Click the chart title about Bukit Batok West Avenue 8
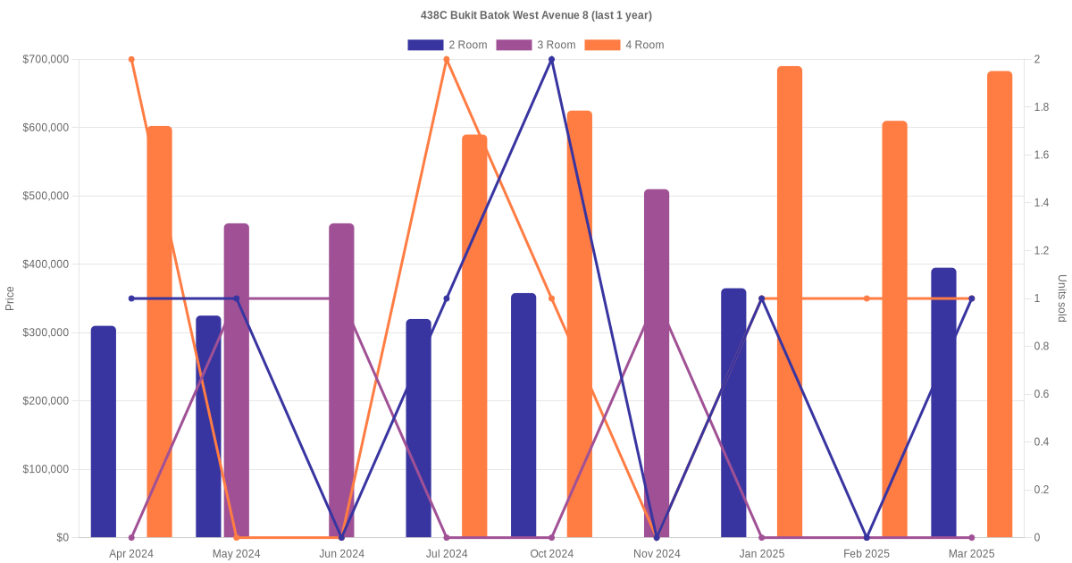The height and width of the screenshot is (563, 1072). tap(536, 15)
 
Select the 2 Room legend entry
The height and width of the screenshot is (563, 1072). tap(448, 45)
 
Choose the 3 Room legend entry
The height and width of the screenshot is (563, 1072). tap(535, 45)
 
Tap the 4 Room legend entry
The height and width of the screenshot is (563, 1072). tap(624, 45)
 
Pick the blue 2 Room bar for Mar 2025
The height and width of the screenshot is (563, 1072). tap(943, 402)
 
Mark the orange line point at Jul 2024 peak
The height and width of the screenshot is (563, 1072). tap(447, 60)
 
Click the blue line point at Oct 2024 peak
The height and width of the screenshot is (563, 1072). tap(551, 60)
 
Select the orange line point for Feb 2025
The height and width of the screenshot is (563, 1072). tap(867, 298)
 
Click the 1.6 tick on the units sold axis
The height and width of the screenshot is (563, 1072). tap(1042, 155)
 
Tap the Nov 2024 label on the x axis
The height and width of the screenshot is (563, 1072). tap(657, 554)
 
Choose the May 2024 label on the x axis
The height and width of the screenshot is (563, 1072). tap(237, 554)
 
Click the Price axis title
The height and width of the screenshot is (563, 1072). tap(10, 298)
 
